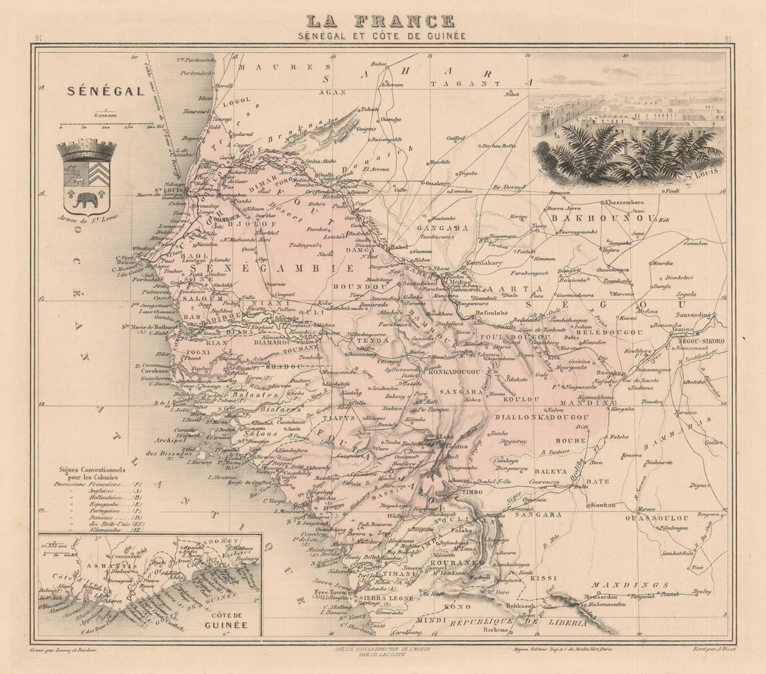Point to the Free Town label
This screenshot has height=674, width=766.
tap(330, 592)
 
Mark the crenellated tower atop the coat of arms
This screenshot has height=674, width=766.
tap(86, 150)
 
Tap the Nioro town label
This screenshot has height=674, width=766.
tap(539, 226)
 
